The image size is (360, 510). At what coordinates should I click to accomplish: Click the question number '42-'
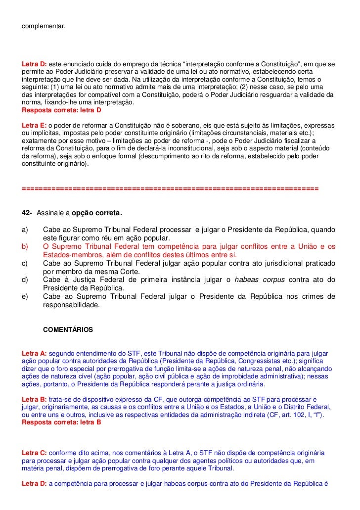click(x=27, y=213)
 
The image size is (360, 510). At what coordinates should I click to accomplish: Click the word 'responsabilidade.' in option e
click(x=71, y=305)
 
